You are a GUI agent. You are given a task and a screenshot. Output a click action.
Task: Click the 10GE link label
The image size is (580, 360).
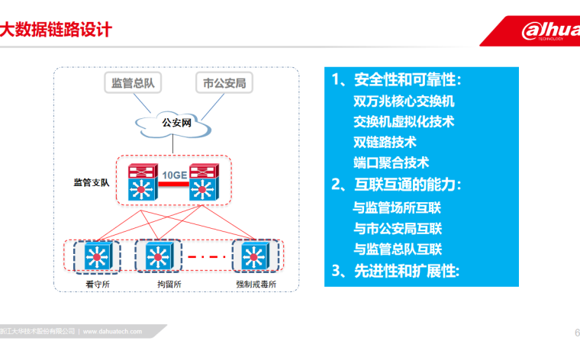(174, 175)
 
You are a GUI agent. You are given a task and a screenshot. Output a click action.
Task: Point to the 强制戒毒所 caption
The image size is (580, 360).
(256, 284)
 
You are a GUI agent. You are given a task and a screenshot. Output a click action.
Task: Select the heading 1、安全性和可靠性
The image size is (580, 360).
(396, 81)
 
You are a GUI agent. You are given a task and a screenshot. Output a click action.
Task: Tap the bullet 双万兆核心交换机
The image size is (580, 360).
(404, 101)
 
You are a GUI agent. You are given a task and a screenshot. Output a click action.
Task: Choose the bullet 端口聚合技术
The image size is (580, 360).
(391, 162)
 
